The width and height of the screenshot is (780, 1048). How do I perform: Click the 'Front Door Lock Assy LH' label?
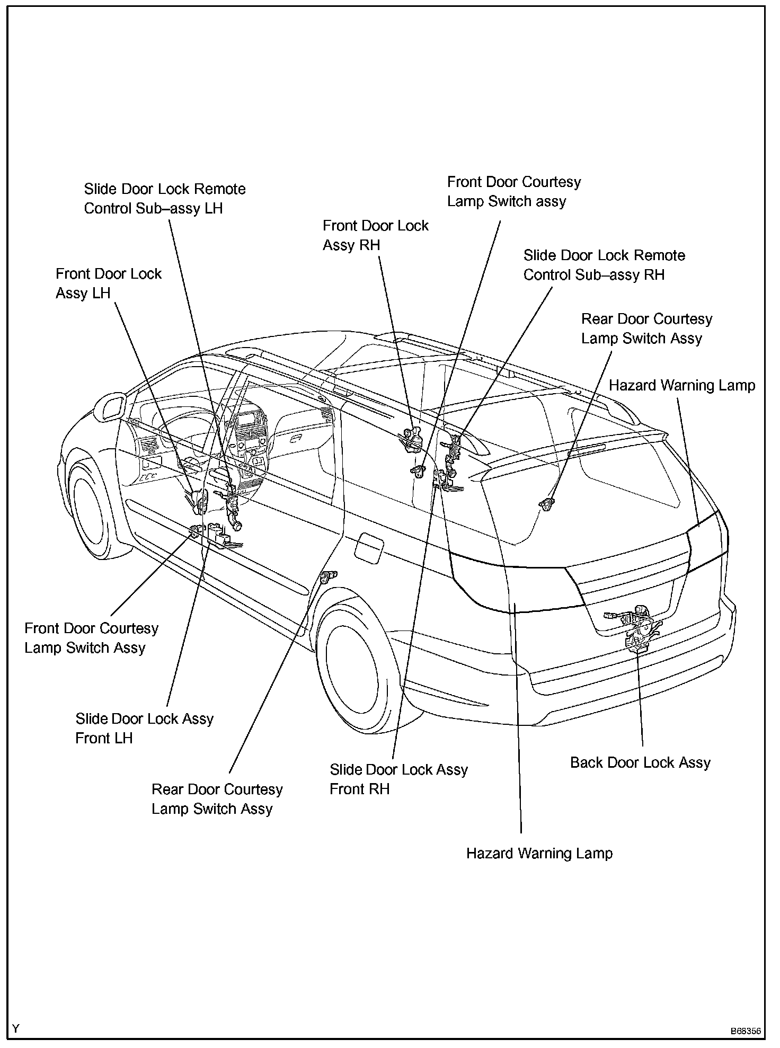click(109, 283)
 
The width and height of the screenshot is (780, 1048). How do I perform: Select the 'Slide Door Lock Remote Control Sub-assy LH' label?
click(165, 199)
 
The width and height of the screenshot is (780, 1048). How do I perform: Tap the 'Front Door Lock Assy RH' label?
click(375, 235)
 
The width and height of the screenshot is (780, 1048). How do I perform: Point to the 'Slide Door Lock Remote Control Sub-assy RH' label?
click(604, 265)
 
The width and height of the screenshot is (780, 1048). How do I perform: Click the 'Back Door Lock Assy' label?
click(640, 762)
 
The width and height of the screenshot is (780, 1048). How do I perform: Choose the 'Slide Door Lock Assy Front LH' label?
click(144, 728)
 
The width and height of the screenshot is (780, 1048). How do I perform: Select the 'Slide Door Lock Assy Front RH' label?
click(398, 779)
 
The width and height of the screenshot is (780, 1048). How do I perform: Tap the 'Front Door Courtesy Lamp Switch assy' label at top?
click(513, 191)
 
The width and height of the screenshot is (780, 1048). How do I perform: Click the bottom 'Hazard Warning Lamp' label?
click(539, 853)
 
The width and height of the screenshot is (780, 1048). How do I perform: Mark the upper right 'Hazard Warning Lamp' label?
click(681, 385)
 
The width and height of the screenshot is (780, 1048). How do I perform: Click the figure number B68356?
click(745, 1031)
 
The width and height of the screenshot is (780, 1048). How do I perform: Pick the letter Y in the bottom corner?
click(16, 1029)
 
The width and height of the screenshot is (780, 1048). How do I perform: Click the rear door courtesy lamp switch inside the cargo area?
click(546, 504)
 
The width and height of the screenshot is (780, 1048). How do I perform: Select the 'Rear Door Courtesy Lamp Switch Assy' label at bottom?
click(217, 799)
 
